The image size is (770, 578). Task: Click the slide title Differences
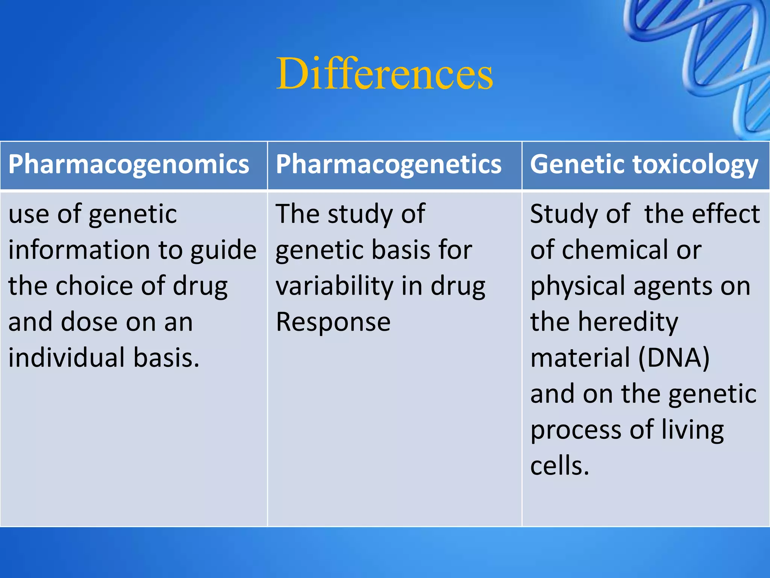point(384,73)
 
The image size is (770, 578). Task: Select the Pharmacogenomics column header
point(129,164)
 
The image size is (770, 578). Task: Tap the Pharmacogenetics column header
point(388,164)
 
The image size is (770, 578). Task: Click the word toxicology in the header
point(695,164)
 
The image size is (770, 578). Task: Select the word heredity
point(628,322)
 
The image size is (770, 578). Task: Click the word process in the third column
point(576,430)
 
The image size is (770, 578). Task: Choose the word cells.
point(559,465)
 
